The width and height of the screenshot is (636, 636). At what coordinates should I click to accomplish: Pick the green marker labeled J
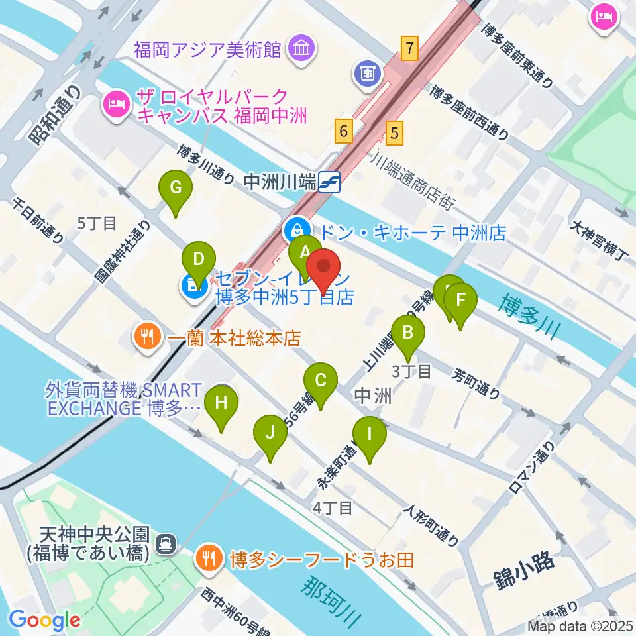pos(270,433)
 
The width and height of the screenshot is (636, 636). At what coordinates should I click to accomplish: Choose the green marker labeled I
pos(370,435)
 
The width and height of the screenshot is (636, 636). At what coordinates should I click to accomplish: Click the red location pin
pos(324,266)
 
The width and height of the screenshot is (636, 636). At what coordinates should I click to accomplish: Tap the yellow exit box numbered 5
pos(394,133)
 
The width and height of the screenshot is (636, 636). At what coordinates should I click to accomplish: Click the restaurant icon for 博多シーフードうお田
pos(209,560)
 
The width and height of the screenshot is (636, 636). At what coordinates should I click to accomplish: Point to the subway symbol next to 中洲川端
pos(329,181)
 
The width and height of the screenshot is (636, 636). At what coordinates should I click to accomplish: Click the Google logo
pos(45,619)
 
